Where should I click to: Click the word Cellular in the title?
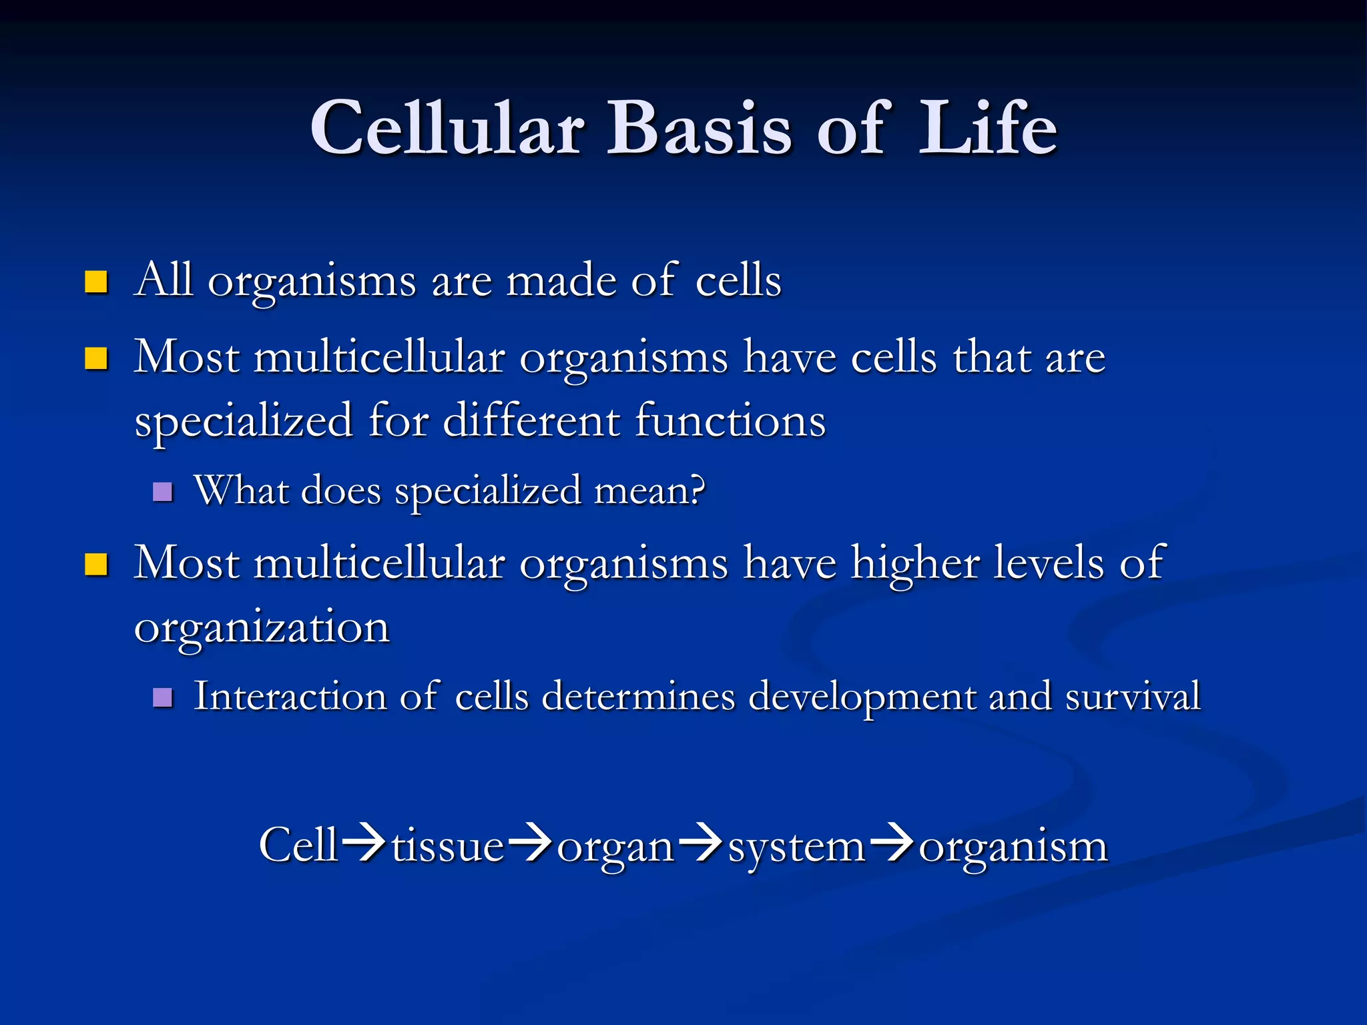tap(447, 128)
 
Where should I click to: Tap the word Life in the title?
tap(987, 128)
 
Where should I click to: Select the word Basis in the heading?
tap(700, 128)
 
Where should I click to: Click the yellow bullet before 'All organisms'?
tap(96, 282)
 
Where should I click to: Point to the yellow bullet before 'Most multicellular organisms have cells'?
tap(96, 358)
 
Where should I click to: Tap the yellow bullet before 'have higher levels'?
tap(96, 565)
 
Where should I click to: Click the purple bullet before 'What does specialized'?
tap(163, 492)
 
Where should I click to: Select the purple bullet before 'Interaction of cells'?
tap(163, 698)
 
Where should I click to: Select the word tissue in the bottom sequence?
tap(447, 846)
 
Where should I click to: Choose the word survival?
tap(1133, 696)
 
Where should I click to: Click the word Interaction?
tap(290, 696)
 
